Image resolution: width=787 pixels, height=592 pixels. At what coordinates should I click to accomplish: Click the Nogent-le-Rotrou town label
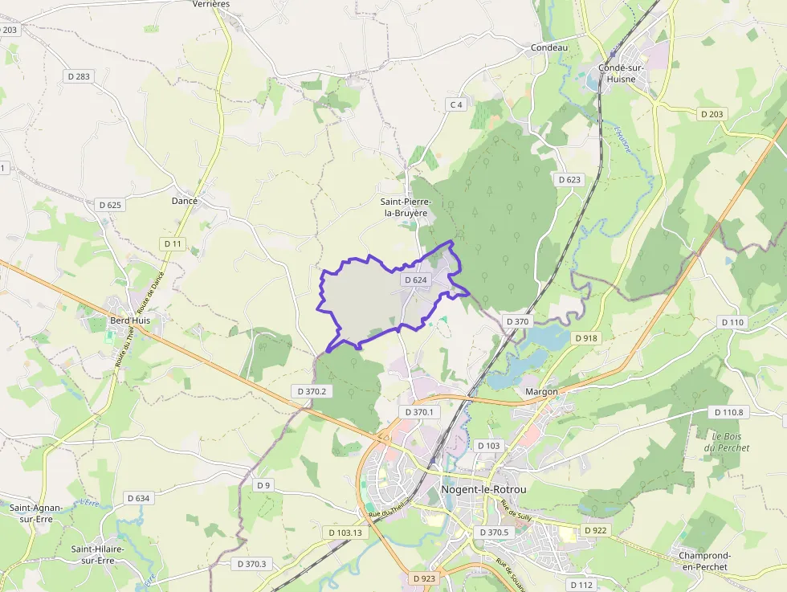(483, 491)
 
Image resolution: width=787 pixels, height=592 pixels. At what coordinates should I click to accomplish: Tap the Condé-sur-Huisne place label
(618, 73)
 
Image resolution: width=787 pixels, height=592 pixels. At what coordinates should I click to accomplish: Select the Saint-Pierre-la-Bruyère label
(407, 207)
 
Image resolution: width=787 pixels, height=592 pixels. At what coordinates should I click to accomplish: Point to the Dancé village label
(185, 201)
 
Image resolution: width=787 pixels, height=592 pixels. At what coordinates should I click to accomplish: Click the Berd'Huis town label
(130, 320)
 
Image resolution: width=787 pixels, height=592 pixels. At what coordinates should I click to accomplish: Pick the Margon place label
(540, 392)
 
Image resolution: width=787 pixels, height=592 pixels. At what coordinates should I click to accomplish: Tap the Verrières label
(211, 4)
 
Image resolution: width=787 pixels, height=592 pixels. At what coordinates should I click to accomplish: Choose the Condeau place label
(549, 47)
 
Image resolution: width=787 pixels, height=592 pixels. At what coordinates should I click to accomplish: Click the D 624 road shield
(416, 280)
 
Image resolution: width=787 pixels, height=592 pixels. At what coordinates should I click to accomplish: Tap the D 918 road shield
(587, 338)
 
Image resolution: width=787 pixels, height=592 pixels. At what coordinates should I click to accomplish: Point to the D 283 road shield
(78, 76)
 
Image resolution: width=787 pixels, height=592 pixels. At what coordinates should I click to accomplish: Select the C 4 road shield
(456, 104)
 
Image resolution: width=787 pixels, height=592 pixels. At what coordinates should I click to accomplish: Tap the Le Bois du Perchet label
(730, 441)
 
